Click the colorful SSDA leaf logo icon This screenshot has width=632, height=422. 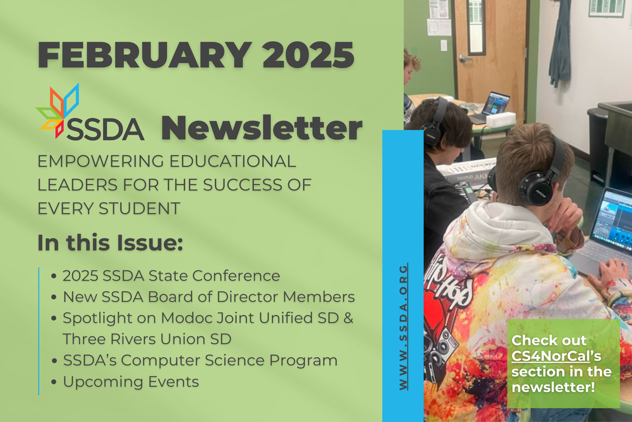click(x=58, y=111)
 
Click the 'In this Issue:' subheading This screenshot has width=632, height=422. click(x=109, y=242)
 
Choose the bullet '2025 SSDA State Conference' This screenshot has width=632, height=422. click(x=171, y=276)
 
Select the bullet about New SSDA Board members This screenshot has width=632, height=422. click(x=209, y=297)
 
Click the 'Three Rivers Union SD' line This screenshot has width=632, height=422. click(x=147, y=339)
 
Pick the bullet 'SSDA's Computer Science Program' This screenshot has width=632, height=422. click(x=200, y=361)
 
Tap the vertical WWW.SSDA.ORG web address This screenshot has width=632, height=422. click(x=403, y=326)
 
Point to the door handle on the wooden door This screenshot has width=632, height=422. click(x=463, y=59)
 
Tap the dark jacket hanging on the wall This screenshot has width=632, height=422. click(x=559, y=47)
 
